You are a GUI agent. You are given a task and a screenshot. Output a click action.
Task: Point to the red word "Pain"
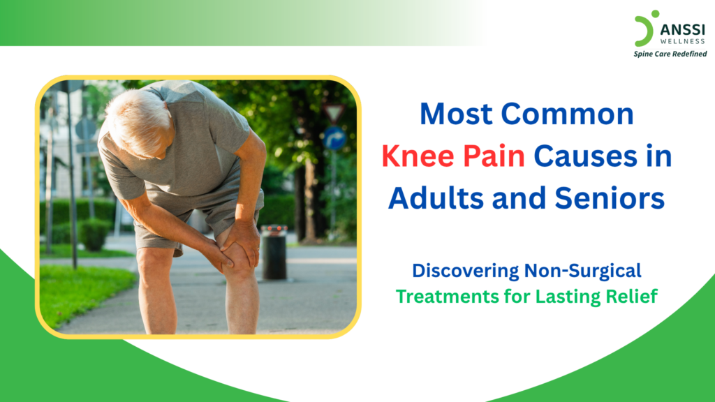[492, 156]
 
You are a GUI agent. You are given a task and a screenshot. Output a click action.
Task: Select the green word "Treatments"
[443, 296]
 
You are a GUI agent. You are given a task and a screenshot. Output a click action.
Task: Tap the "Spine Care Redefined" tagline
[670, 54]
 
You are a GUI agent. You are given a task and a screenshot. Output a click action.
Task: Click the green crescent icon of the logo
[643, 30]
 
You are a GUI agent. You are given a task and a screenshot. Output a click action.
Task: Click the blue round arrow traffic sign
[334, 137]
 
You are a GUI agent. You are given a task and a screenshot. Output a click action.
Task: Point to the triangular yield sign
[335, 112]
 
